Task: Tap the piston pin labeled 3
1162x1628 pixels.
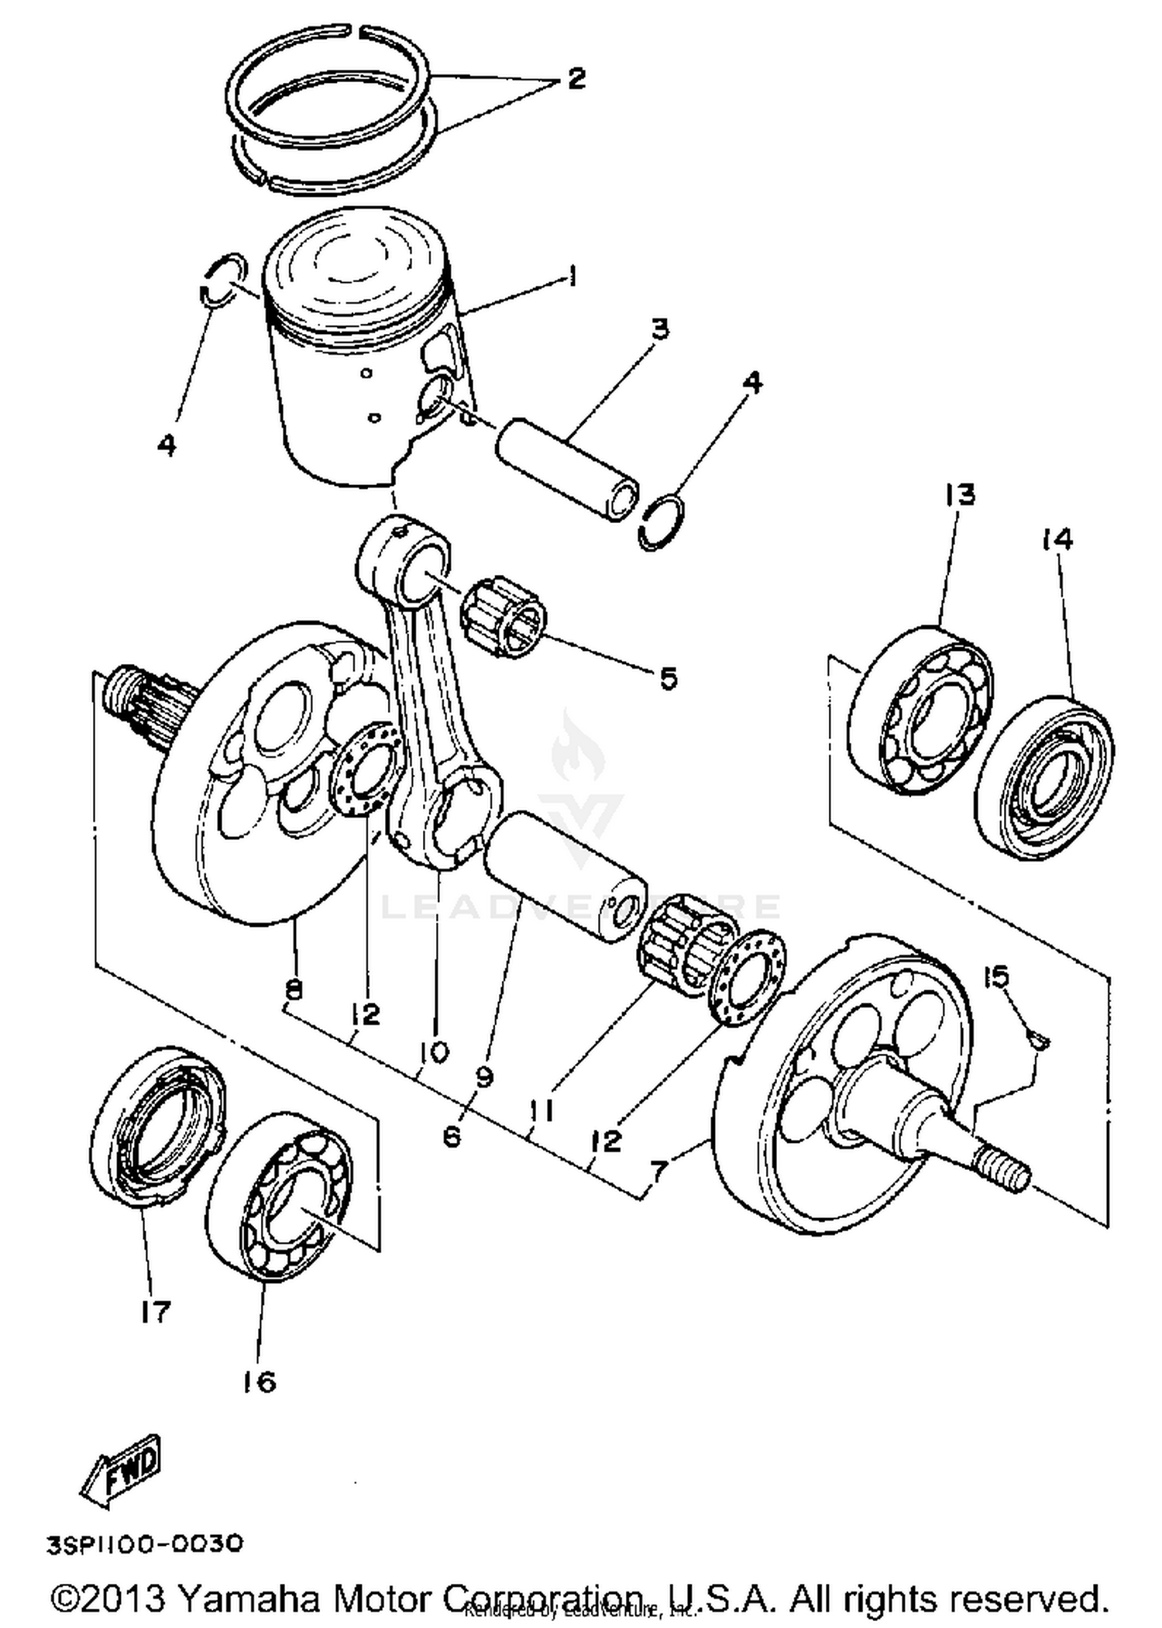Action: point(568,470)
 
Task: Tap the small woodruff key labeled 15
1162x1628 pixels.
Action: point(1037,1037)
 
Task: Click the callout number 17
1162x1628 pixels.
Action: point(155,1312)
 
